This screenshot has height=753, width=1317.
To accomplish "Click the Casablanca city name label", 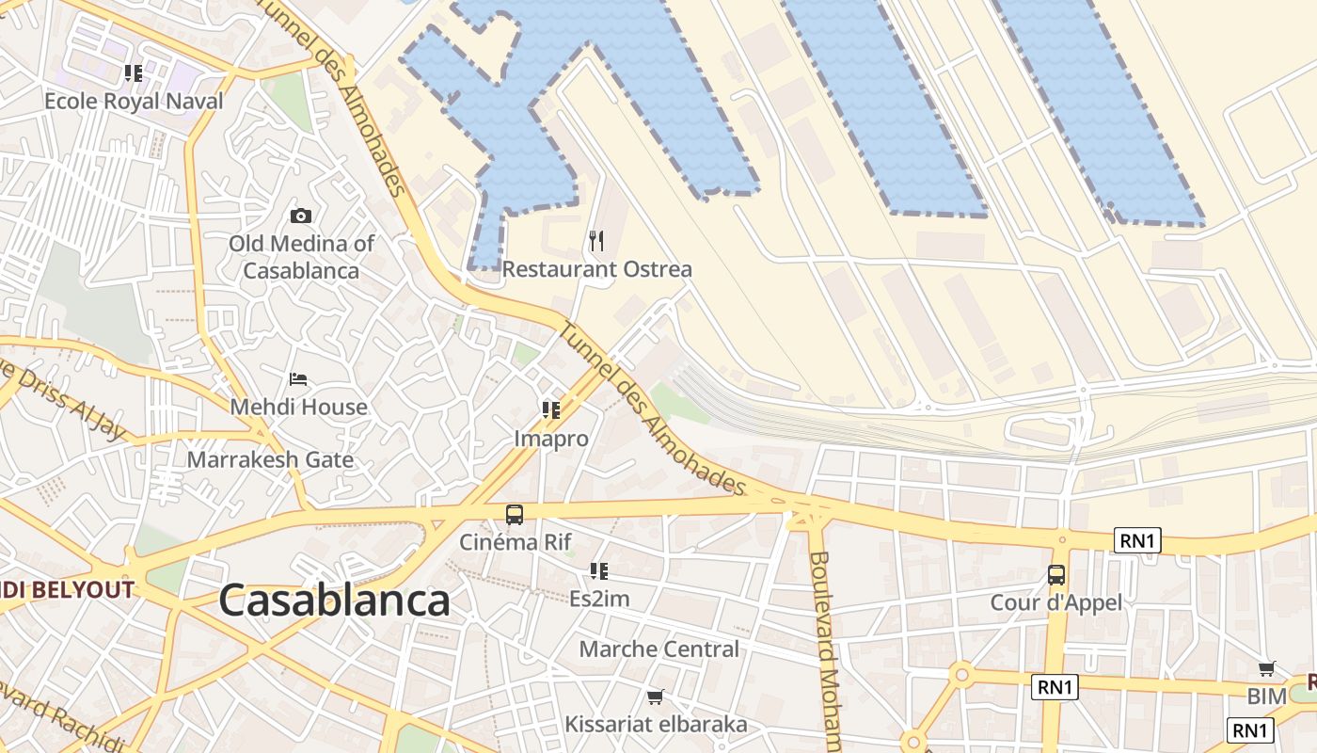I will tap(335, 601).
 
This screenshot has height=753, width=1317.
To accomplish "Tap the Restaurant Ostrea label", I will tap(596, 269).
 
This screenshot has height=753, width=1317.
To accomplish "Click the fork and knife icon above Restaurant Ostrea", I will tap(596, 241).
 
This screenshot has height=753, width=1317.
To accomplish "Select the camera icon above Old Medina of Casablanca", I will tap(301, 216).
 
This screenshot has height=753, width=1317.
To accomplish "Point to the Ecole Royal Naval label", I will tap(134, 102).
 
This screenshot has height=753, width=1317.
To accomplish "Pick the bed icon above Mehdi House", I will tap(298, 379).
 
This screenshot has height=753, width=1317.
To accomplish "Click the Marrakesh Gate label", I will tap(270, 460).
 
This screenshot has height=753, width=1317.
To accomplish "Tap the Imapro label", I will tap(551, 439).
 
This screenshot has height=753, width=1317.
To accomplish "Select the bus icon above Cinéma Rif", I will tap(515, 515).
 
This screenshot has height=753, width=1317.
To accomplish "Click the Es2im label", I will tap(599, 599).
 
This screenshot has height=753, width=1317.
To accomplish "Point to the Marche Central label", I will tap(658, 649).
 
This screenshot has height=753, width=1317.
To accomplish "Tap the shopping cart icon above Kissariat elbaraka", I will tap(656, 697).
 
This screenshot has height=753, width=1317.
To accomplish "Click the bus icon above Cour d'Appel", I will tap(1056, 574).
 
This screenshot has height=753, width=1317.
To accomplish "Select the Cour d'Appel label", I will tap(1056, 602).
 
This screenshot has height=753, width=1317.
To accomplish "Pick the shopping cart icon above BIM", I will tap(1267, 668).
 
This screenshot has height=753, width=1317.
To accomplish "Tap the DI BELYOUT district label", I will tap(66, 590).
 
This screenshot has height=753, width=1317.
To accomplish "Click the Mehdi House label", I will tap(298, 408).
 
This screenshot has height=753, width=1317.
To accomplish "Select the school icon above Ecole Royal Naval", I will tap(133, 72).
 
